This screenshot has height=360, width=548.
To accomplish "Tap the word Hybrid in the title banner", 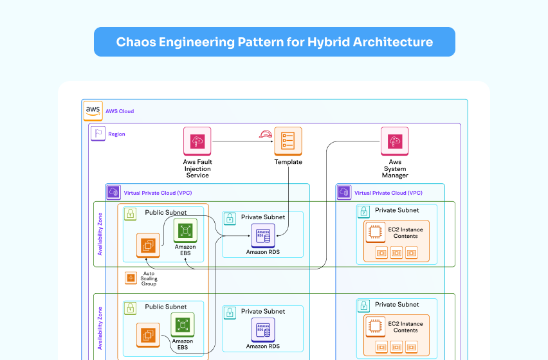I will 327,42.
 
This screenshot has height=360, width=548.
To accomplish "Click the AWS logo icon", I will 93,111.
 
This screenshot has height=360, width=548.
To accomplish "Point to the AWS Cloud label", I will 120,111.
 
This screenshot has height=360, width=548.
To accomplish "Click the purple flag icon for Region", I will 98,134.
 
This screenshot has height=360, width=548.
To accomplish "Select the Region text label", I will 116,134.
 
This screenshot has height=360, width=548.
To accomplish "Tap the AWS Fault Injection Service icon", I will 197,141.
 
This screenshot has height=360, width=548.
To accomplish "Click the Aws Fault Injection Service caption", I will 197,168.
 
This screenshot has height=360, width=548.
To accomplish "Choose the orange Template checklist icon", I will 288,141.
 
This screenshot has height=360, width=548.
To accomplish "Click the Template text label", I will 288,162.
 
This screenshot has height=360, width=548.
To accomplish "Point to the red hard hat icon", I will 264,134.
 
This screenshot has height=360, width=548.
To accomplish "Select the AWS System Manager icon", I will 394,141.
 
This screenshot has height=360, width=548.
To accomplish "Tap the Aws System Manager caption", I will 394,168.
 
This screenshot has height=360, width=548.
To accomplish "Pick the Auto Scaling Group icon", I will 131,278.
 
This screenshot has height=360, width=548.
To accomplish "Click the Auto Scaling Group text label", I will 149,278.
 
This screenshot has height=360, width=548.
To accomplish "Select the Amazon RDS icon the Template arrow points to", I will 262,235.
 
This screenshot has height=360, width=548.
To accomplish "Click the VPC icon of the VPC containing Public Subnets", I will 113,192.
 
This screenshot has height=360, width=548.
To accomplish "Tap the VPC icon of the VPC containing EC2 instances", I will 344,192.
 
